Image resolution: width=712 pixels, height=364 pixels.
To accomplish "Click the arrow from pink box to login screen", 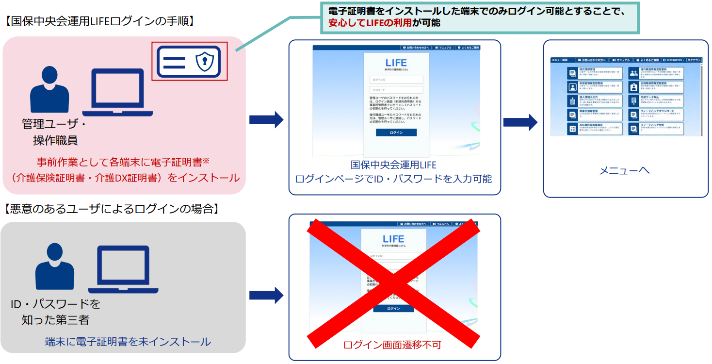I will (266, 119).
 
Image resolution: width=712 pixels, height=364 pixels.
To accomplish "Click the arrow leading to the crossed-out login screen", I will (266, 295).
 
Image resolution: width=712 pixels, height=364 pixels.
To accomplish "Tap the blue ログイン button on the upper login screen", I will (396, 132).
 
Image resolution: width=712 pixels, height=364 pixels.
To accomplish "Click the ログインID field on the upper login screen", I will (396, 80).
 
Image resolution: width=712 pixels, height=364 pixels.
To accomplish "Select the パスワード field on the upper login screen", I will (396, 90).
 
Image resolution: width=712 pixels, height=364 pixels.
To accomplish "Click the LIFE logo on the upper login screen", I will (396, 63).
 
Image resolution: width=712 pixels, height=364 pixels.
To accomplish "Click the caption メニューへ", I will (624, 170).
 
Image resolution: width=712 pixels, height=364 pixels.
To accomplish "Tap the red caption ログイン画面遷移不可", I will (392, 345).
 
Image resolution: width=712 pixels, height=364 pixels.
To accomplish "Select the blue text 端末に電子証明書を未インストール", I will (128, 342).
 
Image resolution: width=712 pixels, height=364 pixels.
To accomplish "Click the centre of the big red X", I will (394, 281).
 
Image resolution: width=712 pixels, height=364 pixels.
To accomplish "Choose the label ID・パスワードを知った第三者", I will (55, 312).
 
